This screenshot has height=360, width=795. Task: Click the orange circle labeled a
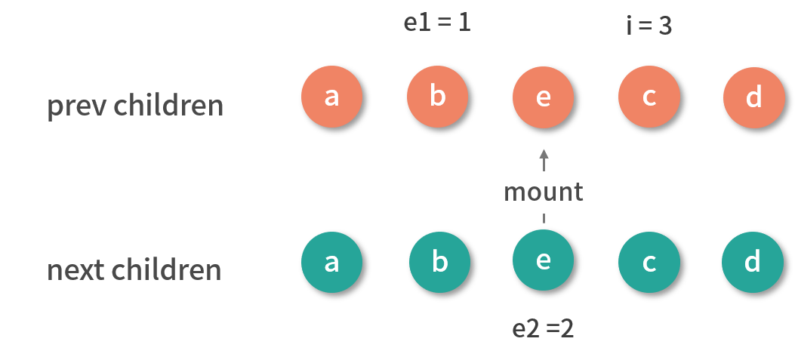pos(331,97)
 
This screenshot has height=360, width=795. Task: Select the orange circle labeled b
pos(437,97)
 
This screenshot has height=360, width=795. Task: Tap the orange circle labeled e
pos(543,97)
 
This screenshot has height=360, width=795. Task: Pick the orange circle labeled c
pos(649,97)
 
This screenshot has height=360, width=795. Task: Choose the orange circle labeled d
pos(753,98)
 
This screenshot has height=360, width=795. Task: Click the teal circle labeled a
pos(331,263)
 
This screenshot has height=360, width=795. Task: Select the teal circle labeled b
pos(439,263)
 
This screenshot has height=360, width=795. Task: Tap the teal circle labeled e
pos(543,260)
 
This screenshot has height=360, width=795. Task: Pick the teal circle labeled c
pos(649,263)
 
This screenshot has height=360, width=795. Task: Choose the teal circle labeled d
pos(752,262)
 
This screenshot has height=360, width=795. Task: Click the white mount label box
pos(543,192)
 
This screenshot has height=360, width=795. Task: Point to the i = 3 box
pos(649,26)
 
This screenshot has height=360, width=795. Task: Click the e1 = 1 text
pos(437,23)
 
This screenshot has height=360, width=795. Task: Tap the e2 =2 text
pos(543,329)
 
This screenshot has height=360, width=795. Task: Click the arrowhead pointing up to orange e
pos(544,154)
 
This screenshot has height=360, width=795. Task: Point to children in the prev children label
pos(168,106)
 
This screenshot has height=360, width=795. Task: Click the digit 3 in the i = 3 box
pos(664,26)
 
